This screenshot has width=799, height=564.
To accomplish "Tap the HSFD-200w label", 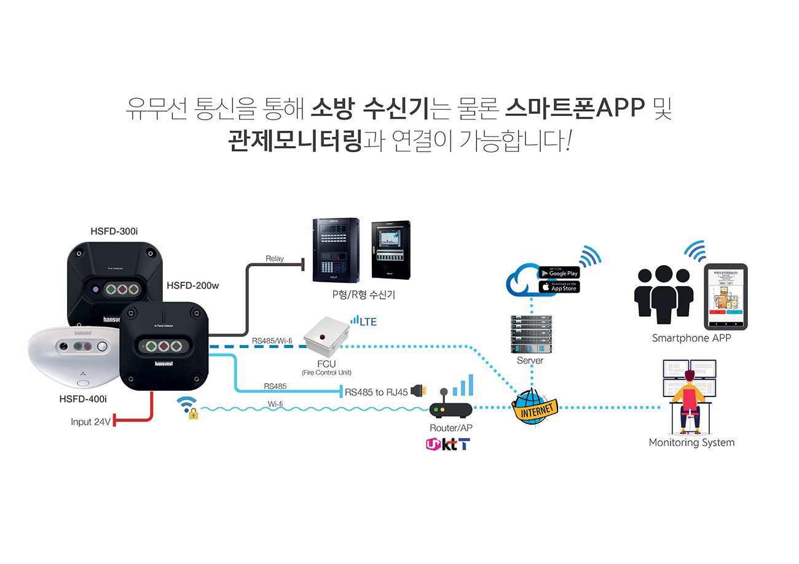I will tap(192, 285).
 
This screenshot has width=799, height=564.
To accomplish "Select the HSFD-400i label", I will tap(83, 399).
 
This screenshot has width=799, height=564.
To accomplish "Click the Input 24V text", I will tap(90, 422).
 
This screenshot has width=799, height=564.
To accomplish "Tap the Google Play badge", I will tap(559, 272).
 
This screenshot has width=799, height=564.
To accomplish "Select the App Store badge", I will tap(559, 287).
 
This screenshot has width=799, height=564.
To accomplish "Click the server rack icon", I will tap(531, 334).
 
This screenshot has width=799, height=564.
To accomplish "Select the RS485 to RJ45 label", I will tap(376, 392).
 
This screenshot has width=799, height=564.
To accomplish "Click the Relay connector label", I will tap(275, 258).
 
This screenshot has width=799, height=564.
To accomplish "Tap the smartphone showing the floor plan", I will tap(725, 296).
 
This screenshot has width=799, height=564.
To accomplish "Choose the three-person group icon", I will tap(663, 293).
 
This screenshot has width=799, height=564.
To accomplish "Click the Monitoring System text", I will tap(691, 442).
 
